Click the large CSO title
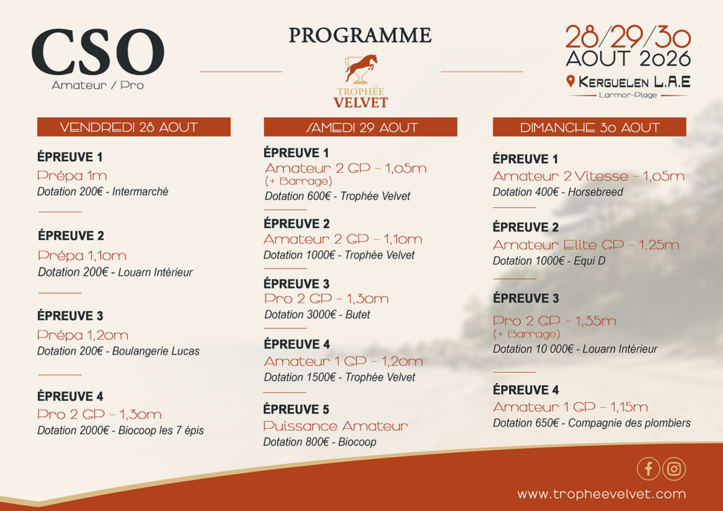pyautogui.click(x=98, y=52)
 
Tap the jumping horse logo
pyautogui.click(x=361, y=69)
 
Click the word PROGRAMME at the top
pyautogui.click(x=360, y=36)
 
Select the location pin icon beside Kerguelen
pyautogui.click(x=571, y=81)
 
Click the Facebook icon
pyautogui.click(x=649, y=469)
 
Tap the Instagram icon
pyautogui.click(x=674, y=469)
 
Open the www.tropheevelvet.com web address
pyautogui.click(x=602, y=494)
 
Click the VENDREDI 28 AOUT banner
pyautogui.click(x=133, y=127)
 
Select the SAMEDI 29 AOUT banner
pyautogui.click(x=361, y=127)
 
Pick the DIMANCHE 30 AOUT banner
pyautogui.click(x=590, y=127)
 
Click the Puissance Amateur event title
pyautogui.click(x=336, y=425)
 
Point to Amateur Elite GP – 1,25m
pyautogui.click(x=586, y=245)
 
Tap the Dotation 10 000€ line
pyautogui.click(x=575, y=349)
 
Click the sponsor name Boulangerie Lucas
pyautogui.click(x=156, y=352)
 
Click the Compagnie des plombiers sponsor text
pyautogui.click(x=630, y=423)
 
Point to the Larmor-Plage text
pyautogui.click(x=628, y=95)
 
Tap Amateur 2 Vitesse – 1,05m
pyautogui.click(x=589, y=176)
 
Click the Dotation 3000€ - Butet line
pyautogui.click(x=317, y=314)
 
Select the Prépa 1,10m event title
pyautogui.click(x=82, y=255)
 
